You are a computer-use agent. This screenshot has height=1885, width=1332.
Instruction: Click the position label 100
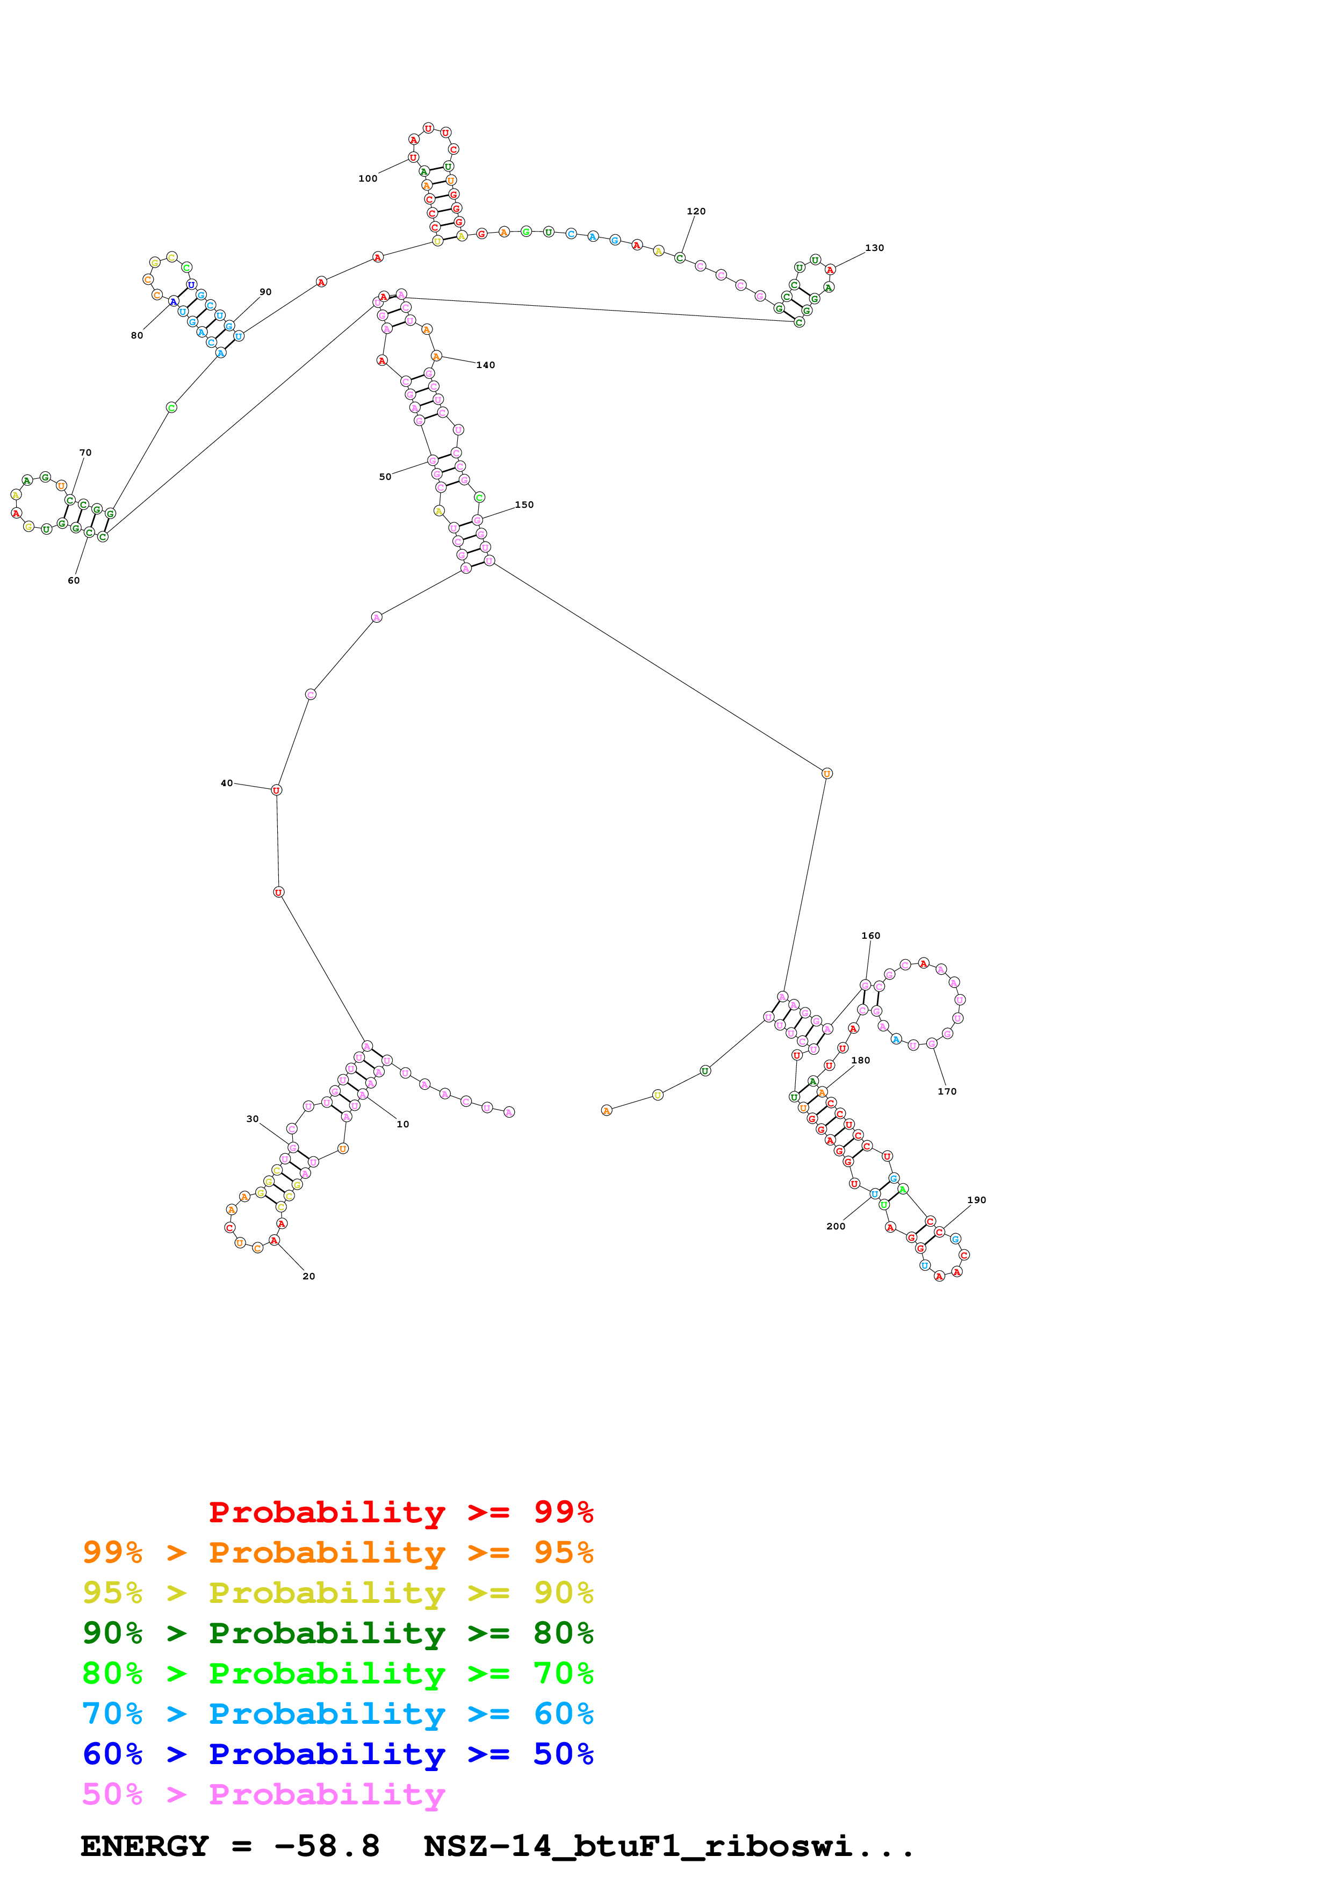[x=368, y=178]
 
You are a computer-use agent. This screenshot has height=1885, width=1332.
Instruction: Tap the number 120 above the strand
[x=696, y=211]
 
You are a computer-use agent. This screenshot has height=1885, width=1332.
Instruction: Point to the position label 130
[x=874, y=248]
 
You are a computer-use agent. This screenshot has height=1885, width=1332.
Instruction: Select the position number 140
[x=486, y=365]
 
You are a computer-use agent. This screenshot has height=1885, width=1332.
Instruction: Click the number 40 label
[x=227, y=783]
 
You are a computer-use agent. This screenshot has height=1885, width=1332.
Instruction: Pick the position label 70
[x=85, y=452]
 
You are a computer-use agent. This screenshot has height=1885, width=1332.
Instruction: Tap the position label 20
[x=308, y=1276]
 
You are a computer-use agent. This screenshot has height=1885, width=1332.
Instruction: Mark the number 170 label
[x=947, y=1091]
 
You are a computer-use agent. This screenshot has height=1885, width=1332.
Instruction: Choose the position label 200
[x=836, y=1226]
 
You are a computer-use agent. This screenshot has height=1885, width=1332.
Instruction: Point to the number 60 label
[x=74, y=580]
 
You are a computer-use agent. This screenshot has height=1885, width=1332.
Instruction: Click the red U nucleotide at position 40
[x=277, y=790]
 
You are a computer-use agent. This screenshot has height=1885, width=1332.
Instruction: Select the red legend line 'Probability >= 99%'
[x=400, y=1512]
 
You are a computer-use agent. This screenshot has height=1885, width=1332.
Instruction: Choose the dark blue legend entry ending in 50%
[x=337, y=1754]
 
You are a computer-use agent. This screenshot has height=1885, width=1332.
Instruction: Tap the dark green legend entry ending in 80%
[x=337, y=1633]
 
